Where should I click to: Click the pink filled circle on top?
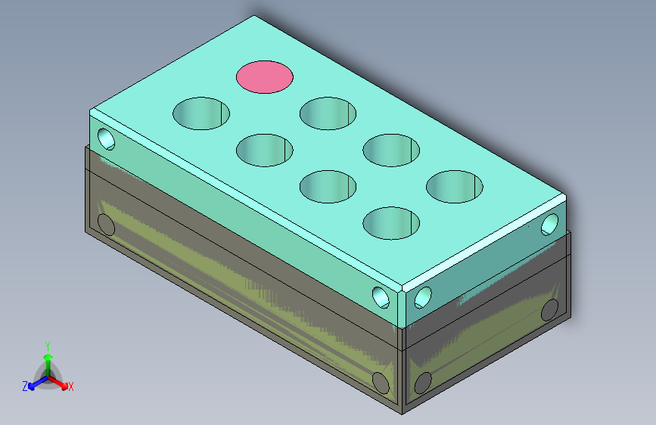tap(264, 77)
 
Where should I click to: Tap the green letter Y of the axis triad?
tap(48, 346)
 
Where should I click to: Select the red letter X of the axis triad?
tap(70, 386)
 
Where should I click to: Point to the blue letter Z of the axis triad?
tap(25, 386)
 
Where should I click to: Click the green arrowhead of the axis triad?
tap(48, 358)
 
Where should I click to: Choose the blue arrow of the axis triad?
tap(38, 383)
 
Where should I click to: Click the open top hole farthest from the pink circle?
tap(391, 223)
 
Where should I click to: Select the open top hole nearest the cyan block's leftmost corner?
tap(201, 113)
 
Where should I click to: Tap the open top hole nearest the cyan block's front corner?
tap(391, 223)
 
